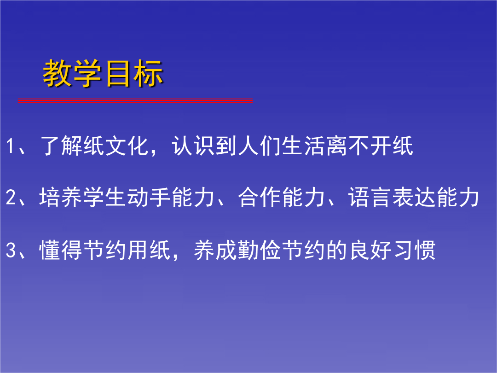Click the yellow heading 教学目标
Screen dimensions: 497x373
coord(103,73)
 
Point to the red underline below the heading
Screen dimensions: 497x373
coord(135,100)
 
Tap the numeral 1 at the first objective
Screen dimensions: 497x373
coord(10,146)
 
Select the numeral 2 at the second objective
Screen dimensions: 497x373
coord(11,197)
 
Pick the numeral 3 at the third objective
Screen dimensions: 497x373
coord(11,250)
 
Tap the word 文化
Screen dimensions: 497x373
coord(127,146)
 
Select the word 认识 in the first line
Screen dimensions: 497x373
coord(193,146)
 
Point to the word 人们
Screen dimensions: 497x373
coord(259,146)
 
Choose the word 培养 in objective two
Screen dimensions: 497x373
coord(61,197)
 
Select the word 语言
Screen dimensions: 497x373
coord(370,197)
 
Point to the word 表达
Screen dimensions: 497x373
coord(414,197)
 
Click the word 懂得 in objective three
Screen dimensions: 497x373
coord(61,250)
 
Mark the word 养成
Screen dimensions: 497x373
coord(215,250)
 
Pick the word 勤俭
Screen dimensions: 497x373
coord(259,250)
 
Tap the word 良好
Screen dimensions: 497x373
coord(370,250)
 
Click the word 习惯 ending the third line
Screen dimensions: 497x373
coord(414,250)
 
